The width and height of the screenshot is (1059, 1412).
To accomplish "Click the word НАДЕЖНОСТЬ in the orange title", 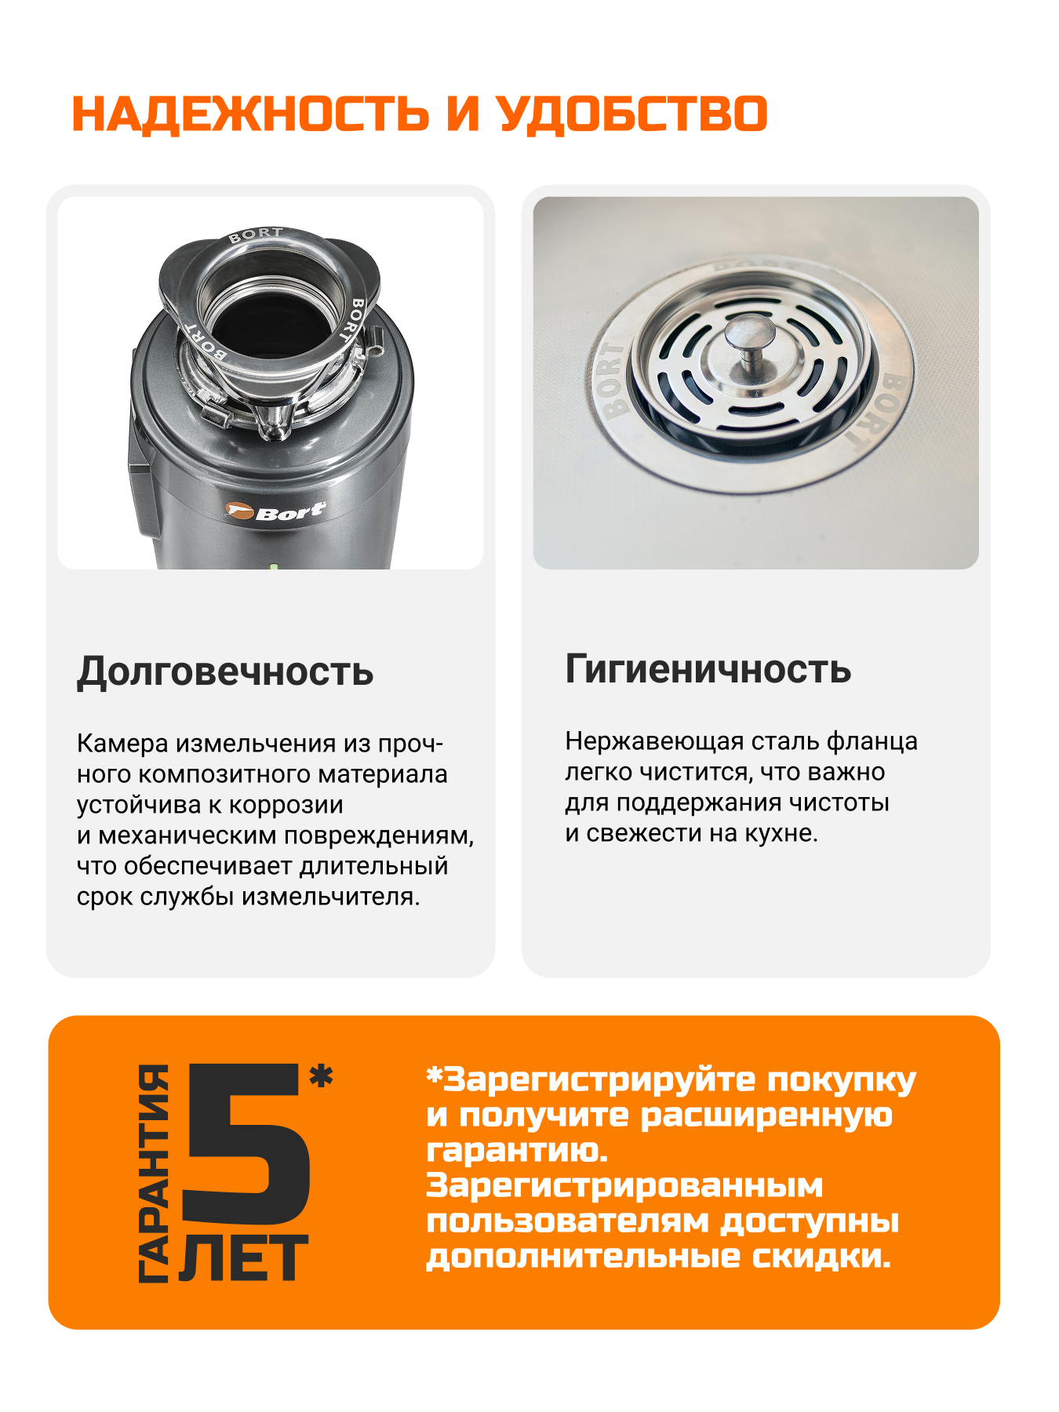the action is (250, 115).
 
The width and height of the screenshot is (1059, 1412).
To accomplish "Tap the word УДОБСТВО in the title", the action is (632, 115).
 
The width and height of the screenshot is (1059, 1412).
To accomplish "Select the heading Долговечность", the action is (225, 672).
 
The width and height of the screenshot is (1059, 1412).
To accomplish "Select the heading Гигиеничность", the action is (708, 669).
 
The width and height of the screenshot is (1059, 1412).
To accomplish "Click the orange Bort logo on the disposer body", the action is (275, 512).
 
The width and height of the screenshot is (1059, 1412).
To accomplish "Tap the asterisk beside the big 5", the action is (321, 1076).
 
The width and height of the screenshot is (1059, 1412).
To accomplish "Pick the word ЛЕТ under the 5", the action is (244, 1259).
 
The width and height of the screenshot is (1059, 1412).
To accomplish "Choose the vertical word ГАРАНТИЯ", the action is (155, 1174).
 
